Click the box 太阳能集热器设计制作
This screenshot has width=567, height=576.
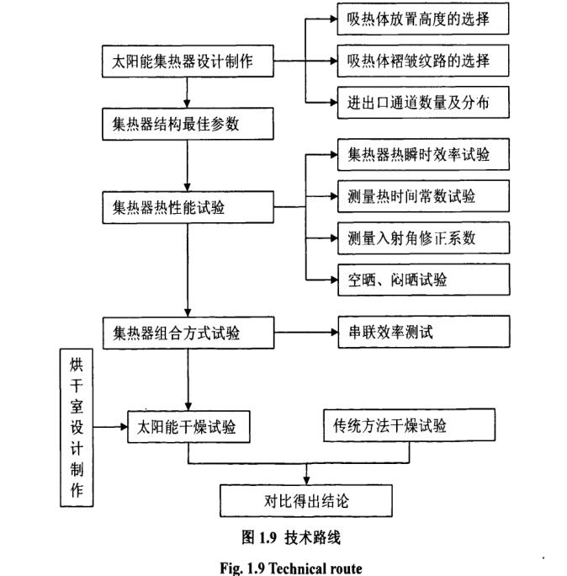pos(187,61)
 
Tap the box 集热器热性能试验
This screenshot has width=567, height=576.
pos(187,206)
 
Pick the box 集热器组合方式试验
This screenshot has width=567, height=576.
pos(187,332)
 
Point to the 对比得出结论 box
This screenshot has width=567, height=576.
pos(306,501)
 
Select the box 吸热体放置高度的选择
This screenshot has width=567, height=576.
pos(421,19)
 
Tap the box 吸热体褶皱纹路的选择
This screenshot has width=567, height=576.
pos(421,61)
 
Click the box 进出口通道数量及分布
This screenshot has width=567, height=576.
pos(421,103)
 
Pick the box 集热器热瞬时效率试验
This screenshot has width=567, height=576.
pos(421,155)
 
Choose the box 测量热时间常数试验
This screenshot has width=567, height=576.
pos(421,196)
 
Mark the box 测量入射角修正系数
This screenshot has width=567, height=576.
pos(421,237)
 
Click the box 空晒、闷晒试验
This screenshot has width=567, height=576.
pos(421,279)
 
